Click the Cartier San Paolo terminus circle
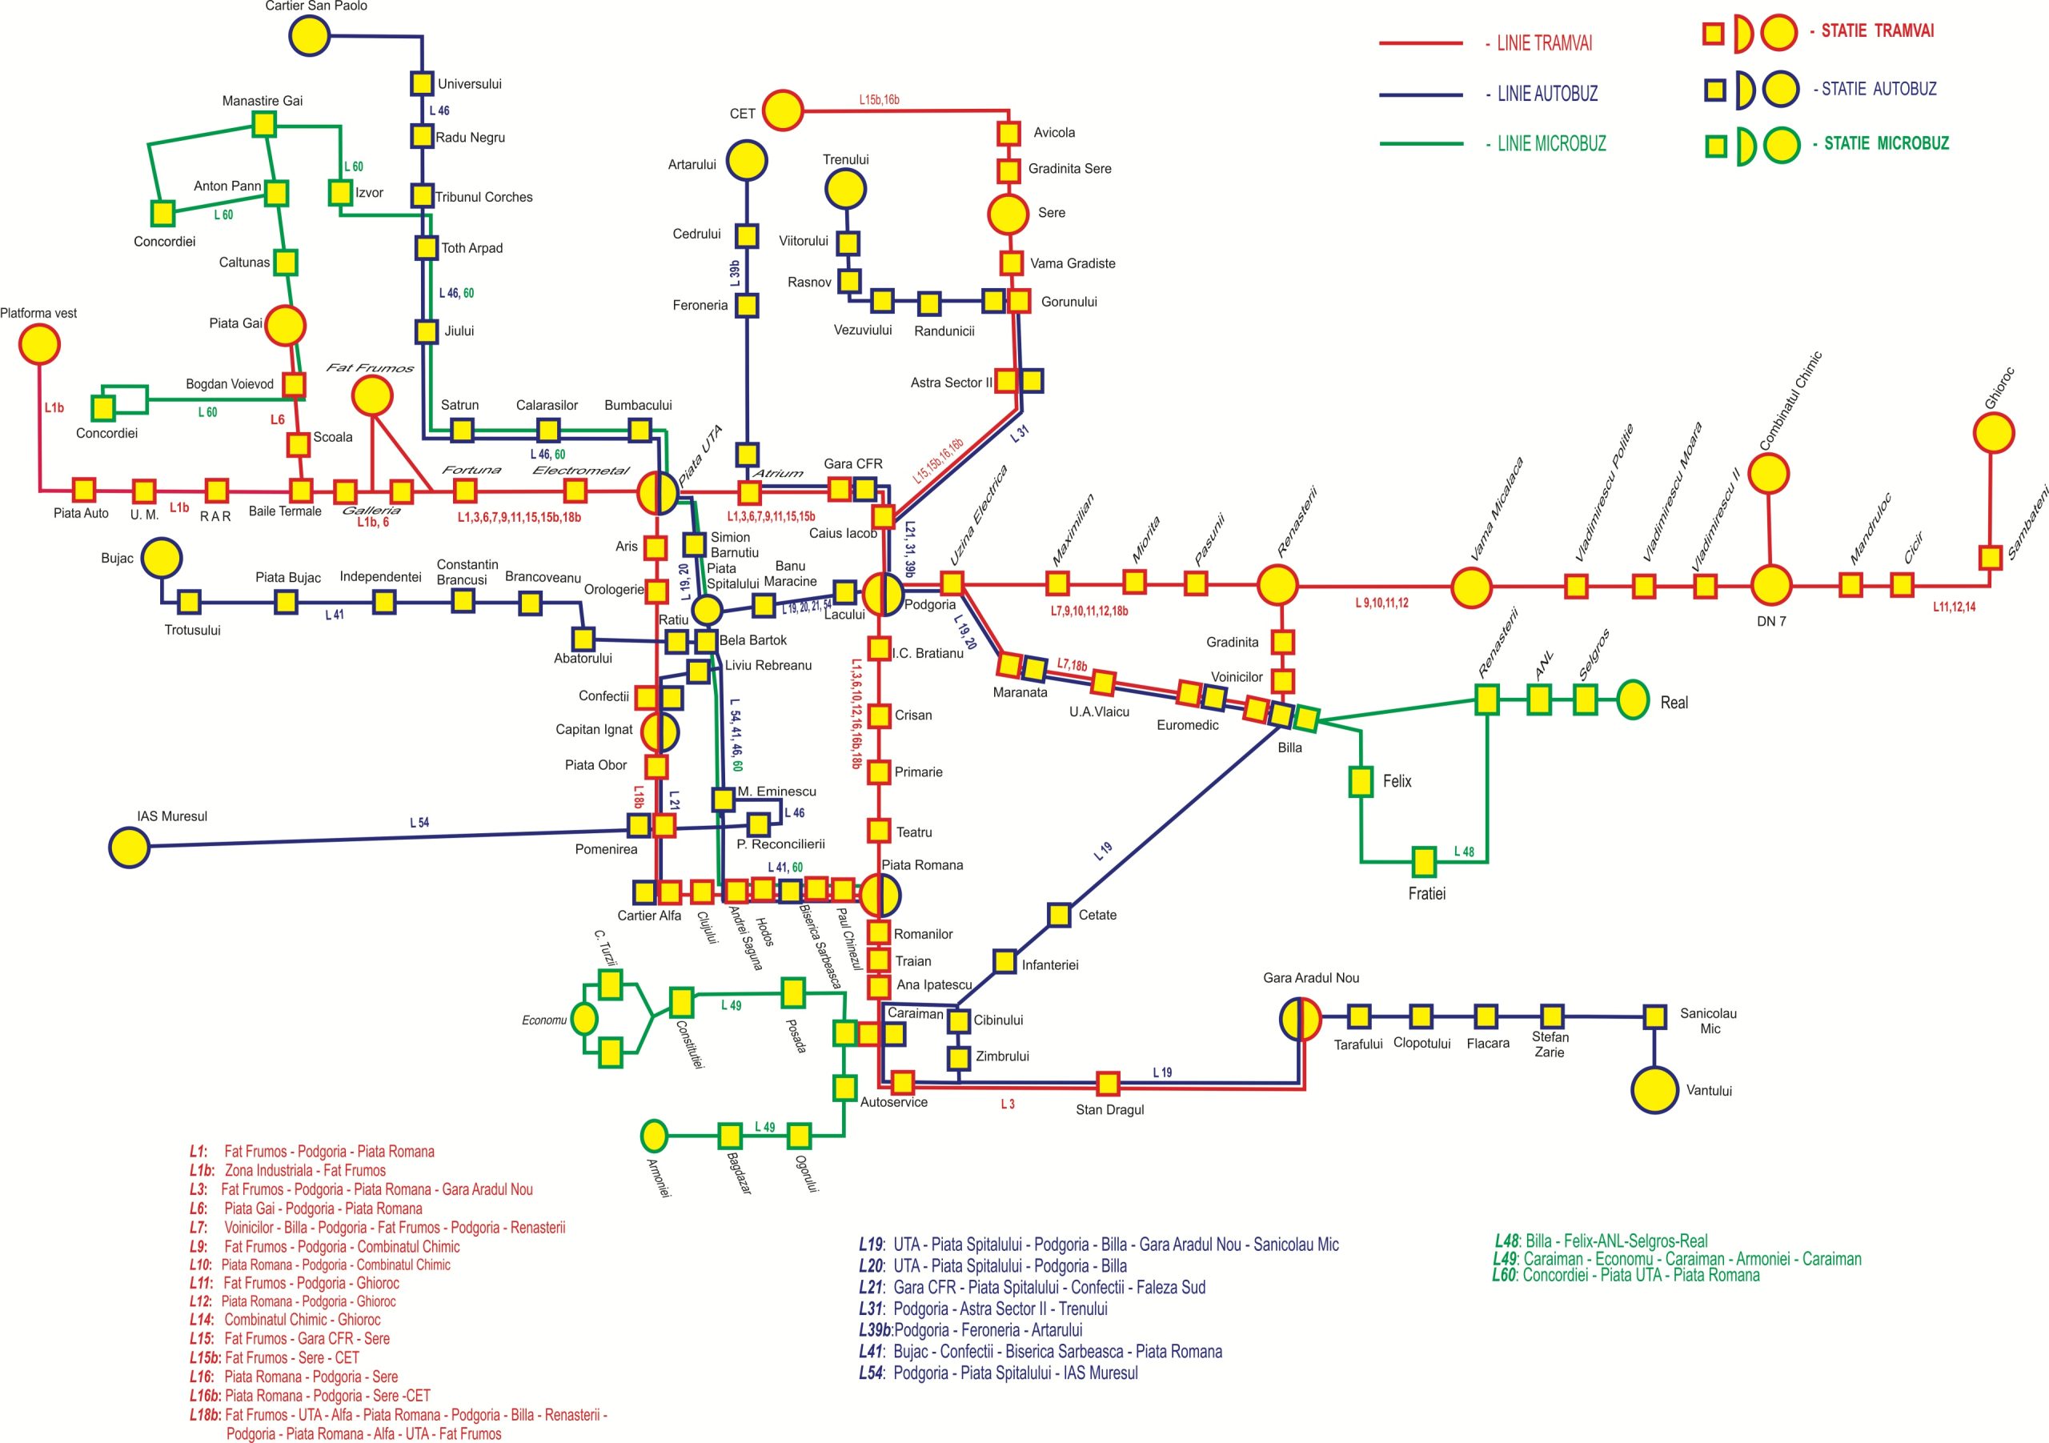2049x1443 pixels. (x=310, y=36)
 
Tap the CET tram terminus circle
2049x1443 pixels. (x=783, y=110)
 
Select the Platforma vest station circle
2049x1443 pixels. (x=39, y=344)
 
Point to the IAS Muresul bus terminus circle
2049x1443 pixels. (x=130, y=847)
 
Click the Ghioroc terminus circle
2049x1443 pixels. (x=1993, y=434)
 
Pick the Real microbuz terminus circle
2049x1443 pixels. (x=1633, y=700)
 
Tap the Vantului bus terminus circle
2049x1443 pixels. (x=1654, y=1089)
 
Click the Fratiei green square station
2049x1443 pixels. (x=1425, y=862)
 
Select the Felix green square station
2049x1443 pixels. (x=1360, y=782)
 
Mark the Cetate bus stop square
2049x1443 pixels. (x=1059, y=915)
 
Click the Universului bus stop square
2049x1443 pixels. (x=422, y=83)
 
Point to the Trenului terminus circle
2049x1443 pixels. (x=845, y=189)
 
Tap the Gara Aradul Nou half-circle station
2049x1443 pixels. (x=1301, y=1018)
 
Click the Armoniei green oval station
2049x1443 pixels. (x=654, y=1136)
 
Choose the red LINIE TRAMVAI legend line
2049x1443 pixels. (x=1421, y=43)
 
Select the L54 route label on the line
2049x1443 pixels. (x=419, y=823)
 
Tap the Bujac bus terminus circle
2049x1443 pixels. (x=162, y=559)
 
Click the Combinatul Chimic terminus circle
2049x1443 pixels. (x=1769, y=474)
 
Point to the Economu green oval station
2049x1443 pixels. (x=584, y=1018)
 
